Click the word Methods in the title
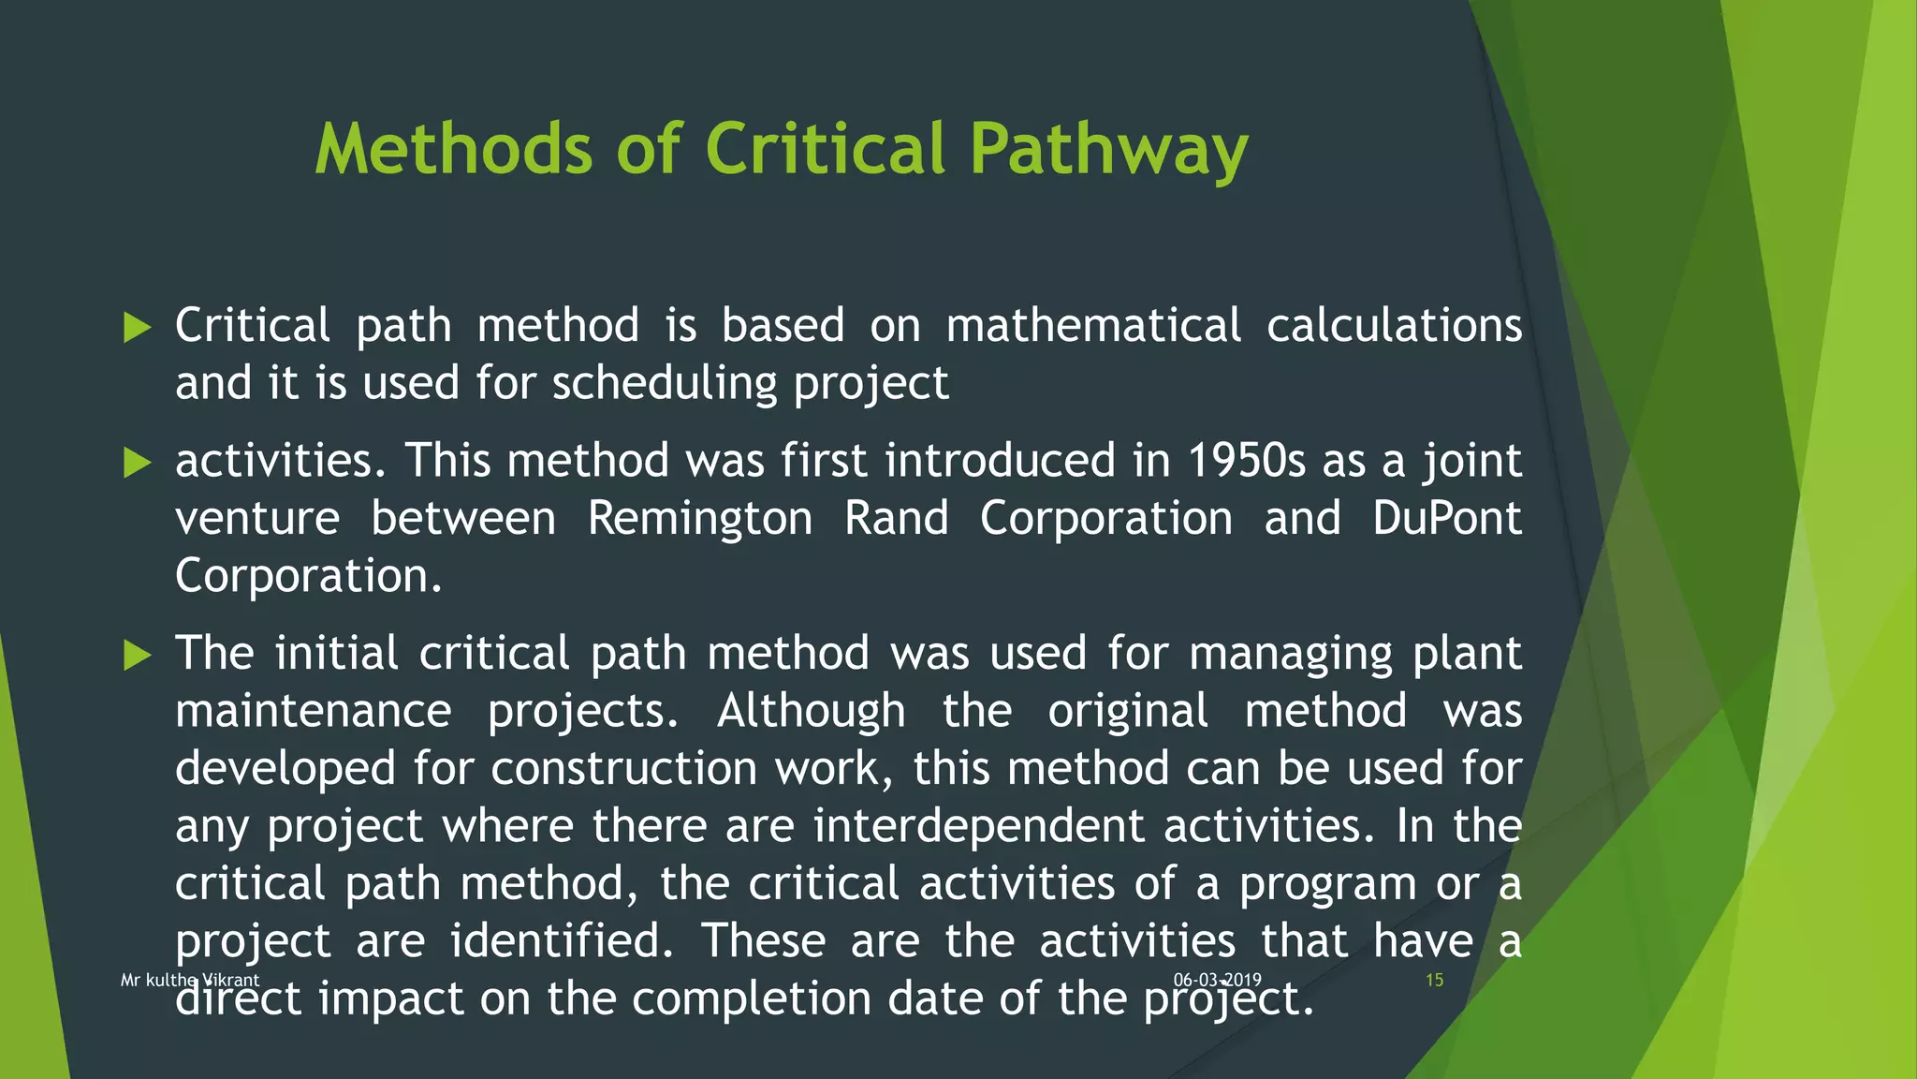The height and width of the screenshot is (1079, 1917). pos(454,150)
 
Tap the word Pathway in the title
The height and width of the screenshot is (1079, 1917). pos(1108,150)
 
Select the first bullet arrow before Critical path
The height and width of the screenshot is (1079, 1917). pos(137,328)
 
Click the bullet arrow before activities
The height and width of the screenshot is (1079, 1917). pos(137,463)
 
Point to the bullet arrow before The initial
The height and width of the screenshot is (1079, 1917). pos(137,655)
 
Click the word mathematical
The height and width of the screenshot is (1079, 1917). pos(1093,326)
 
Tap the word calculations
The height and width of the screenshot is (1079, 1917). pos(1394,326)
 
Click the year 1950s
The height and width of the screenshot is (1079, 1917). pos(1246,461)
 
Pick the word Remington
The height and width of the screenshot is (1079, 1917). pos(700,519)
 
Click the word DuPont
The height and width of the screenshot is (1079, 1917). pos(1447,519)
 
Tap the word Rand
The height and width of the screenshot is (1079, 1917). pos(896,519)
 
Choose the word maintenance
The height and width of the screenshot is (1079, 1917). pos(314,711)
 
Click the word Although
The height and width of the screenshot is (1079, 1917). pos(811,711)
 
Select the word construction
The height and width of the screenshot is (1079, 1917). pos(623,769)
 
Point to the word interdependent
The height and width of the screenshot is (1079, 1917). pos(978,827)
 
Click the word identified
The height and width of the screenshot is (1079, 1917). pos(562,941)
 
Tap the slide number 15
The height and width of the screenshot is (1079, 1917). pos(1434,981)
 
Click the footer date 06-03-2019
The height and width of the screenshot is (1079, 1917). pos(1217,980)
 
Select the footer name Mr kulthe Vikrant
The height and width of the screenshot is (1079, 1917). pos(190,981)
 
